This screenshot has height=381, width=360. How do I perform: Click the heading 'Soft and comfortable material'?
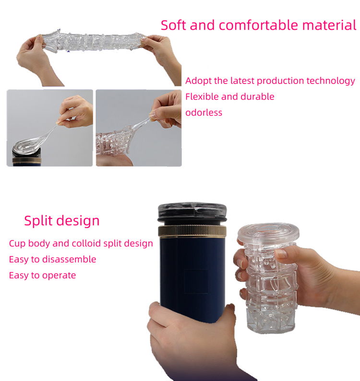[258, 25]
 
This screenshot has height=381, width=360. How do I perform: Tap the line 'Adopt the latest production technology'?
[270, 81]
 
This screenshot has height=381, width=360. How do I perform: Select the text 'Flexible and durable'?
[230, 97]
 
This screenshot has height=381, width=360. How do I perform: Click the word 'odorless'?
[204, 112]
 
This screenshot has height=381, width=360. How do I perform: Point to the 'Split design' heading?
[62, 221]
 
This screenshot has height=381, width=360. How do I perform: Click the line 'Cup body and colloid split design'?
[81, 243]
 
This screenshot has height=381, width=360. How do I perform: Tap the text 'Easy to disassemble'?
[52, 259]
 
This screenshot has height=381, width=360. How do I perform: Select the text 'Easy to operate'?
[42, 275]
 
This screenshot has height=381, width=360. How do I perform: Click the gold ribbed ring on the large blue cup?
[192, 231]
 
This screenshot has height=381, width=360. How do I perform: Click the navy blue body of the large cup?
[192, 274]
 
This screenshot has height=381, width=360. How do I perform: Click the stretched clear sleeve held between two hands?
[94, 41]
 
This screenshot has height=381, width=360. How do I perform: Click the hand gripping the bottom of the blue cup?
[192, 340]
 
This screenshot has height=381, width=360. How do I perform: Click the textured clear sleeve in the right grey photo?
[114, 141]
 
